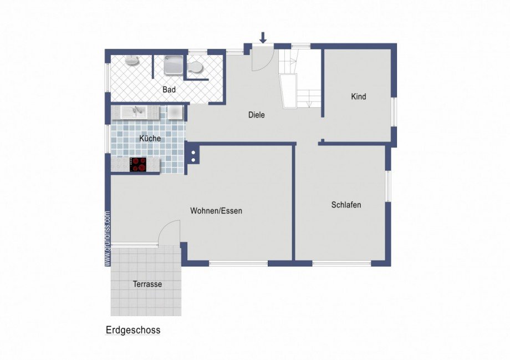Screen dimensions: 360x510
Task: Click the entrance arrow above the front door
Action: coord(263,37)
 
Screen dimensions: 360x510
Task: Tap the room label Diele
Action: coord(256,115)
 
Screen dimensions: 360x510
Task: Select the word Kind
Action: coord(359,97)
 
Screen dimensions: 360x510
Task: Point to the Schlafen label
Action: coord(346,205)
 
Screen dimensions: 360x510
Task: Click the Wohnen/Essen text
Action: coord(216,211)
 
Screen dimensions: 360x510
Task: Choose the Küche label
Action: coord(150,139)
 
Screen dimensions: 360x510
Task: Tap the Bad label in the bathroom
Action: coord(169,89)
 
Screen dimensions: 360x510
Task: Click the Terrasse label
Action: coord(147,284)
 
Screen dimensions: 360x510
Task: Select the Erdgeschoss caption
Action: coord(133,330)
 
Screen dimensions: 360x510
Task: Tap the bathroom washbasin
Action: coord(131,60)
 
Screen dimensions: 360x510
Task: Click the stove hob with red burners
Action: coord(138,164)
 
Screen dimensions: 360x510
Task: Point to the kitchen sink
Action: coord(133,112)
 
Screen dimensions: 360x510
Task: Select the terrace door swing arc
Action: coord(169,232)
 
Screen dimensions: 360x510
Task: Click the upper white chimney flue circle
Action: coord(193,151)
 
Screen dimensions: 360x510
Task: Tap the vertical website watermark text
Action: coord(107,239)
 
